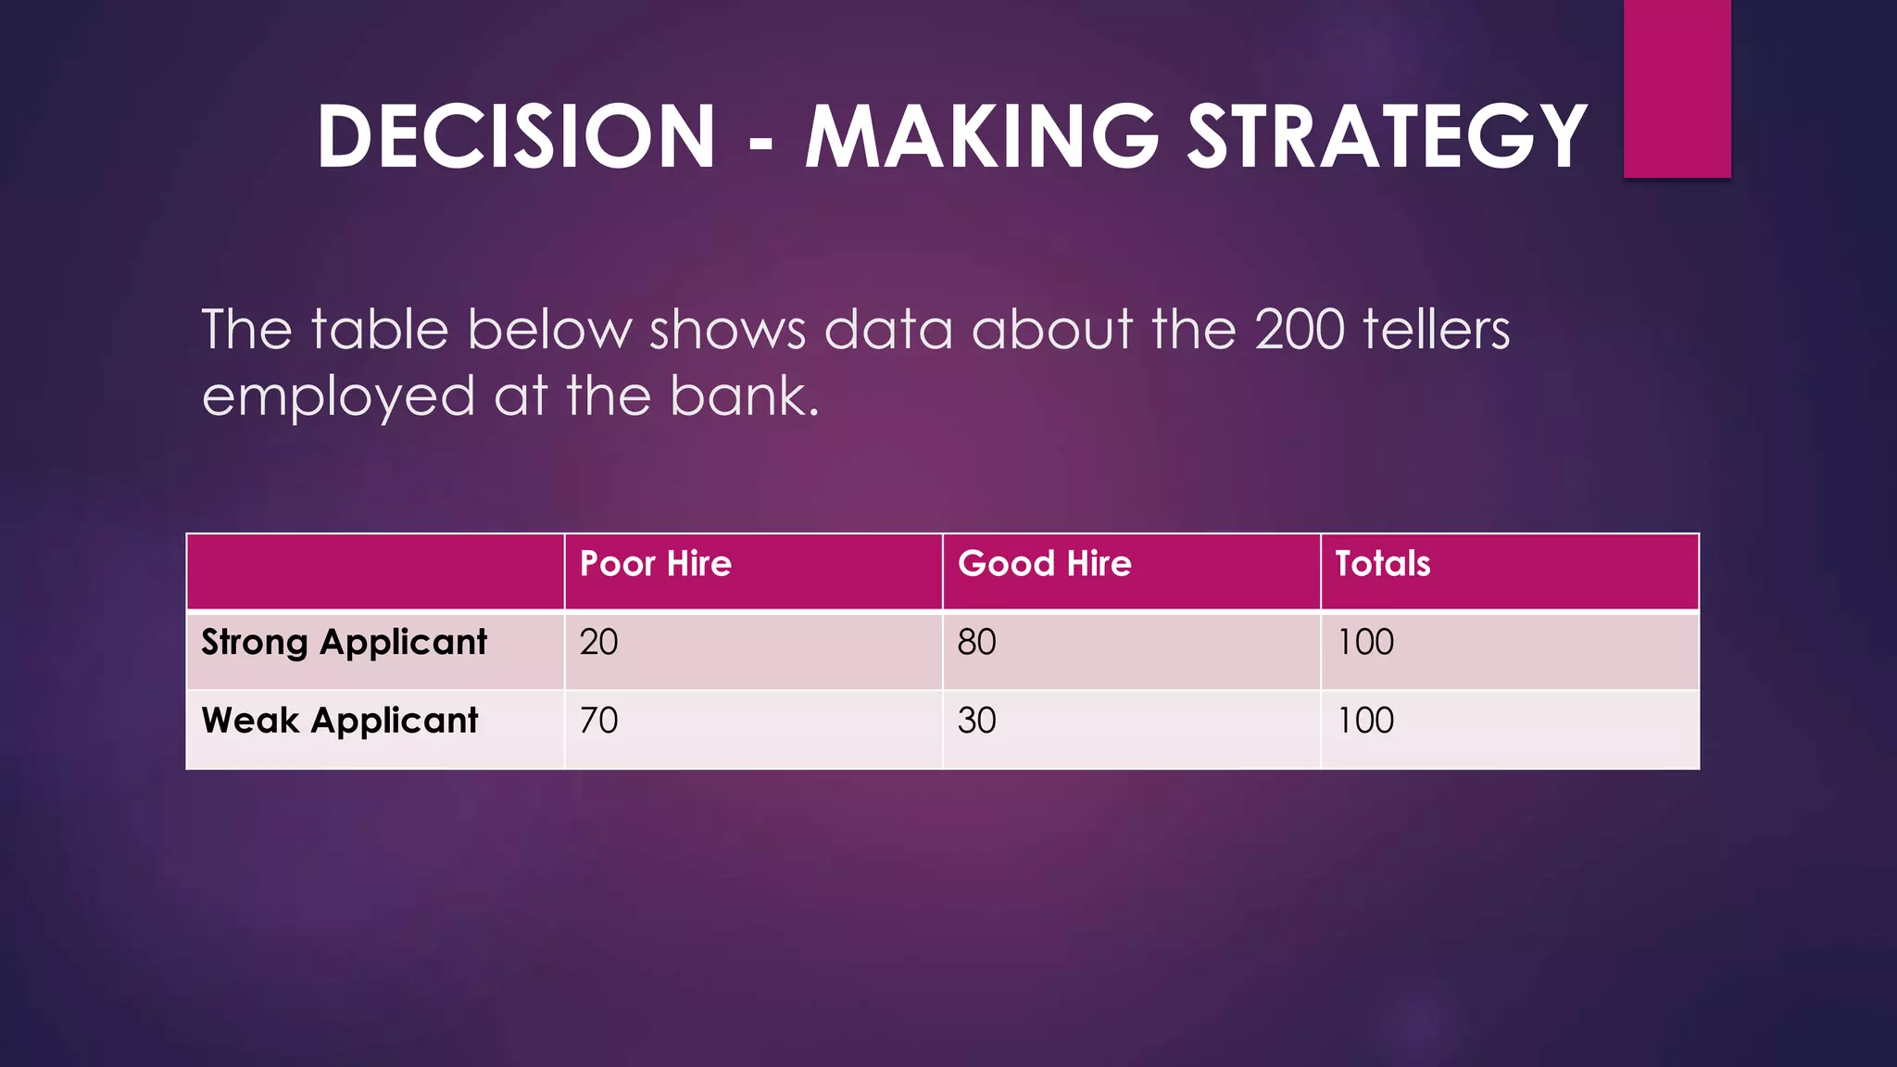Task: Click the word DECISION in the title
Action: pyautogui.click(x=516, y=136)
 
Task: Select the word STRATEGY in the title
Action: pyautogui.click(x=1388, y=136)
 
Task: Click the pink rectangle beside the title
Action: pyautogui.click(x=1677, y=88)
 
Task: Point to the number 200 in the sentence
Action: pyautogui.click(x=1299, y=330)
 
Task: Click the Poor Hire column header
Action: pyautogui.click(x=656, y=564)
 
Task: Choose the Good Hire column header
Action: pyautogui.click(x=1044, y=564)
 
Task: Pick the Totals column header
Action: pyautogui.click(x=1382, y=564)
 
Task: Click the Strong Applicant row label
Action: pyautogui.click(x=344, y=643)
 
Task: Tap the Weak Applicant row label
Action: pyautogui.click(x=339, y=721)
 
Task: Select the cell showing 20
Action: pyautogui.click(x=598, y=643)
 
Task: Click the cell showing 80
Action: pyautogui.click(x=976, y=643)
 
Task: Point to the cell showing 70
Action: pyautogui.click(x=598, y=721)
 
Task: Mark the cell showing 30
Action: pyautogui.click(x=976, y=721)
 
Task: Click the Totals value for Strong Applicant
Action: pyautogui.click(x=1365, y=643)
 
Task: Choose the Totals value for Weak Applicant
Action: pyautogui.click(x=1365, y=721)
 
